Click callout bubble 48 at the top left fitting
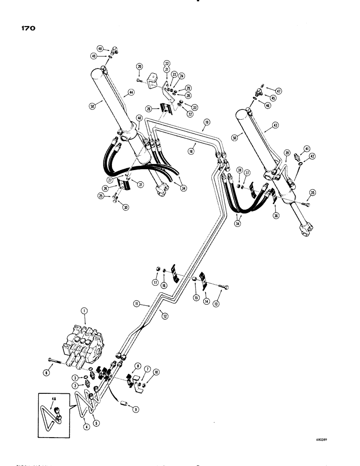pos(100,48)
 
